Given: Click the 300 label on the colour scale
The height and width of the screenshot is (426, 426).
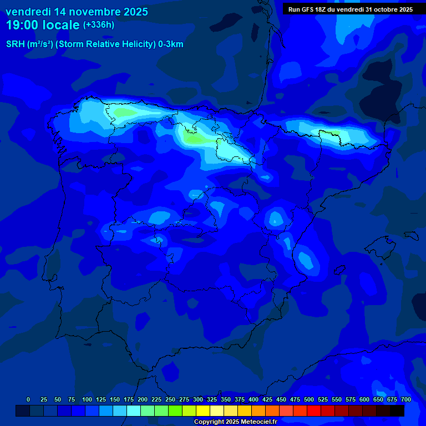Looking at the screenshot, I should (x=198, y=399).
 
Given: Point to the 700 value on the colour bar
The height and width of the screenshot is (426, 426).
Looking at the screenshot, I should (x=405, y=399).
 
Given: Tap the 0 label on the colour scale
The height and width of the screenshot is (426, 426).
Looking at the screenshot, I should (x=28, y=399).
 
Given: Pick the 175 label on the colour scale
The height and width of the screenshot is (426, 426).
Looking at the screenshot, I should (x=129, y=399).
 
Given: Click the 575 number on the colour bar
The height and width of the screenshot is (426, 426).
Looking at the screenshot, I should (x=351, y=399).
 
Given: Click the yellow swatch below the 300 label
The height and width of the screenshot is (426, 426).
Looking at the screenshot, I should (x=203, y=411).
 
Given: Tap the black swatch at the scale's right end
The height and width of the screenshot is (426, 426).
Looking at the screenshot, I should (x=397, y=411).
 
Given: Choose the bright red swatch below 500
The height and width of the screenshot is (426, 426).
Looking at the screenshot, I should (x=314, y=411).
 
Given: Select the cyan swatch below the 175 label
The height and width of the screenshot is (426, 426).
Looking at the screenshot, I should (x=134, y=411).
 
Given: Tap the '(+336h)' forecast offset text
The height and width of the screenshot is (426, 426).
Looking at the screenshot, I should (x=98, y=25).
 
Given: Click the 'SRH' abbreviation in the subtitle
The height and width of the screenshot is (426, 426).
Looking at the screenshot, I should (x=15, y=44).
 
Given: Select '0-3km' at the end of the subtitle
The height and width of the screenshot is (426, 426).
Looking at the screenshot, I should (x=171, y=44).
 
